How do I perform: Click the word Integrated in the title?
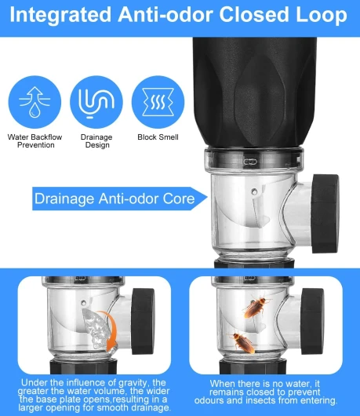point(60,15)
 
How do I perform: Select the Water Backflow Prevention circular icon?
point(35,102)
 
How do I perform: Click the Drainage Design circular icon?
point(96,102)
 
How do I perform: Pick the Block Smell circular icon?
point(158,102)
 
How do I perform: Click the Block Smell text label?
point(158,137)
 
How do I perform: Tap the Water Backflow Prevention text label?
point(35,141)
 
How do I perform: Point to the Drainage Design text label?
point(96,141)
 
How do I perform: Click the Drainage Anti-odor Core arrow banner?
point(120,199)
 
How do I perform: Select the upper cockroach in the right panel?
point(255,305)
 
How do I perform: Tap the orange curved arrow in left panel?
point(111,329)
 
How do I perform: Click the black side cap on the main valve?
point(325,213)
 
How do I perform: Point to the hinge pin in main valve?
point(254,191)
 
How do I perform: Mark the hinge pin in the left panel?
point(84,302)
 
